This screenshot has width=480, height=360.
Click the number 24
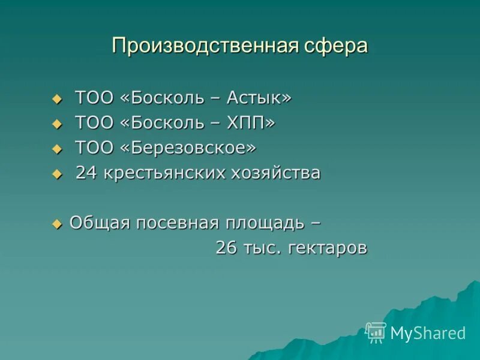86,173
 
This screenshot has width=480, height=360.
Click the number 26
227,248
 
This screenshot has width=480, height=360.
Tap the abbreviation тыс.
263,248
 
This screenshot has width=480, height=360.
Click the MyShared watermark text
428,334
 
